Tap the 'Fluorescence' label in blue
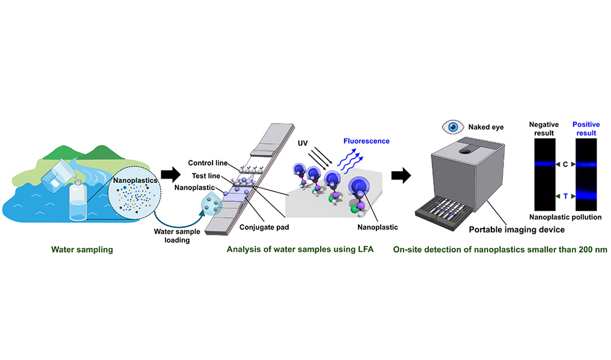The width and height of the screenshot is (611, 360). (365, 141)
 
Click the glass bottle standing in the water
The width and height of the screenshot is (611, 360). (77, 201)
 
